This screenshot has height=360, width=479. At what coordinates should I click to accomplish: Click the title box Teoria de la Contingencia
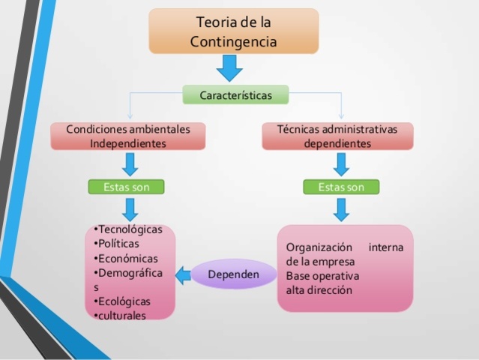[x=234, y=31]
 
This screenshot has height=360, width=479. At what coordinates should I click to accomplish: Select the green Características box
[x=235, y=95]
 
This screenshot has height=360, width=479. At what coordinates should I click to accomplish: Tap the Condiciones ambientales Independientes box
[x=127, y=136]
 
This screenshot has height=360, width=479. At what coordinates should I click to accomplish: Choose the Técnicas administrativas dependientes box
[x=337, y=136]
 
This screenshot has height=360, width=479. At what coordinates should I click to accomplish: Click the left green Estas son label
[x=125, y=187]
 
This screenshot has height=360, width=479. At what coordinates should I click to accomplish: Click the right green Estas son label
[x=341, y=187]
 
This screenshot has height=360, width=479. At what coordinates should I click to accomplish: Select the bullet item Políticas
[x=118, y=244]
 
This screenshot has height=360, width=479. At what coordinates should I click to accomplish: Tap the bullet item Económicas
[x=124, y=258]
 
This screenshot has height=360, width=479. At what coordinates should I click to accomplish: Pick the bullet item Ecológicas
[x=123, y=301]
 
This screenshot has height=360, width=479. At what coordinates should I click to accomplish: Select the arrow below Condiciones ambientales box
[x=130, y=163]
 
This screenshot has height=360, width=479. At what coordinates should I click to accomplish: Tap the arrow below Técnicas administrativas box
[x=342, y=163]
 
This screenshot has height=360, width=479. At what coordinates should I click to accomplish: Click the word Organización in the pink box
[x=319, y=247]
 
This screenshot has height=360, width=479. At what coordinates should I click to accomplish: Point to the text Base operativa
[x=322, y=275]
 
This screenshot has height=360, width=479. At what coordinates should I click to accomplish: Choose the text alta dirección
[x=319, y=289]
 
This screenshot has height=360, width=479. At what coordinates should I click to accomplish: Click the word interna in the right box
[x=386, y=247]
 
